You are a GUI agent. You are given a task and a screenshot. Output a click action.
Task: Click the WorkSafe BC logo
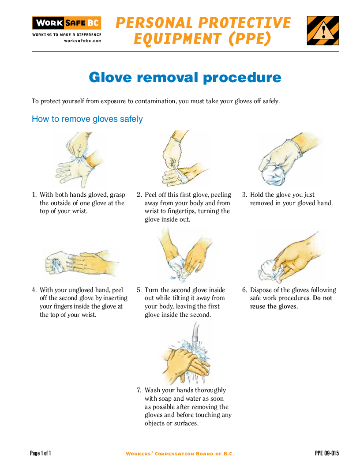click(x=67, y=23)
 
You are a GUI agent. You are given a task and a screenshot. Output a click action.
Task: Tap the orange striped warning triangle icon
click(x=323, y=30)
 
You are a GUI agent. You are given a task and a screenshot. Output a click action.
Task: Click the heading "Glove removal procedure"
click(x=185, y=77)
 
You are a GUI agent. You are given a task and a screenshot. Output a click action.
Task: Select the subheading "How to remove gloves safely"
click(x=87, y=119)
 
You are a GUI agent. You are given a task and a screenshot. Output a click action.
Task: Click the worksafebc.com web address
click(x=82, y=41)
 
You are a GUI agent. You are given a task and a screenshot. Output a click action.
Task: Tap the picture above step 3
click(x=287, y=159)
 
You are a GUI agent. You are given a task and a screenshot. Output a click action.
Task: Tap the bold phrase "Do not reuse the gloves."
click(x=291, y=302)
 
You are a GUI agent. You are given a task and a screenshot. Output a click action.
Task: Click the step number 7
click(x=139, y=391)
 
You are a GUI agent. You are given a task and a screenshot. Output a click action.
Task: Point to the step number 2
click(x=139, y=195)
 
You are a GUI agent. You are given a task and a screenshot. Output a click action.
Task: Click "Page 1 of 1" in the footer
click(x=41, y=453)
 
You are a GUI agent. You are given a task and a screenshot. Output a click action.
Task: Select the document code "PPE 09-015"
click(x=327, y=453)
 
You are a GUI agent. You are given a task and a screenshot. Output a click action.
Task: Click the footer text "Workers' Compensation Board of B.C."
click(x=180, y=454)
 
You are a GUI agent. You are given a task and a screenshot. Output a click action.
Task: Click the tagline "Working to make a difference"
click(x=67, y=34)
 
